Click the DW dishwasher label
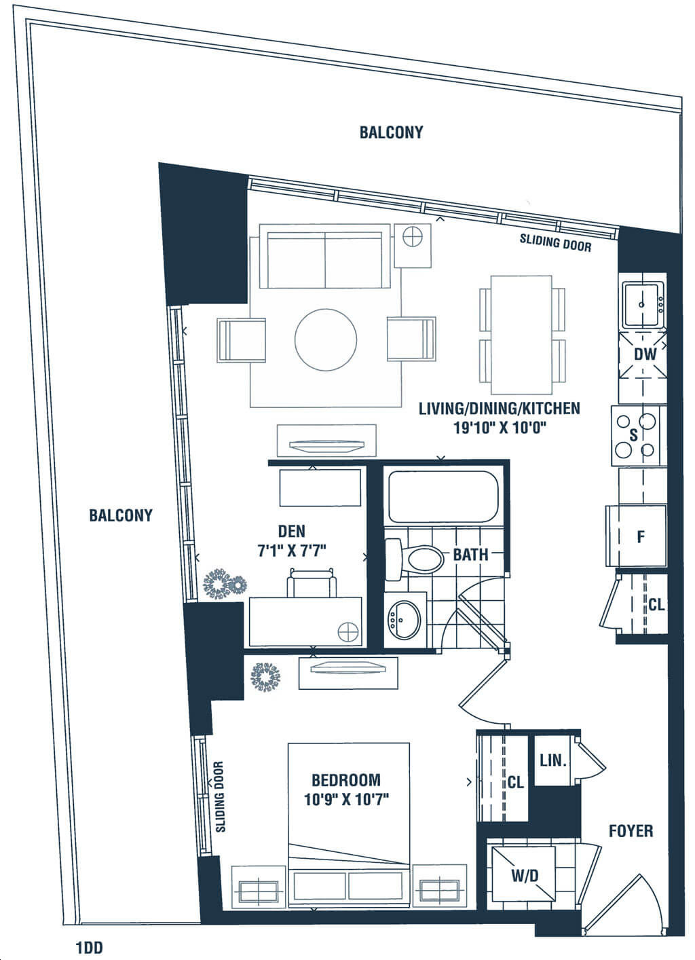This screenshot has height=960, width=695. [645, 354]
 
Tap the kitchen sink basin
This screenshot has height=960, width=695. [643, 304]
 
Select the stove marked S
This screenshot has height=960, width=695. [636, 435]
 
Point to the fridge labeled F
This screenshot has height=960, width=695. [636, 536]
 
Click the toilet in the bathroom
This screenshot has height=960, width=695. [414, 559]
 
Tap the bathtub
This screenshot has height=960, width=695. [443, 496]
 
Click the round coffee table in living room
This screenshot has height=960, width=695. [326, 340]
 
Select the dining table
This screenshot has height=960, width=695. [521, 335]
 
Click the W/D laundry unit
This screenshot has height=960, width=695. [523, 872]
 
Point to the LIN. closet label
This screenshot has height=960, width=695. [553, 760]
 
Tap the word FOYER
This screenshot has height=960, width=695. [631, 831]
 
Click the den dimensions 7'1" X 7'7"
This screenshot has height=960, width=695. [292, 551]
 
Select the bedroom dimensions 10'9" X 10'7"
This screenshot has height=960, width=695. [346, 799]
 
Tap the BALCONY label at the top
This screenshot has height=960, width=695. [391, 132]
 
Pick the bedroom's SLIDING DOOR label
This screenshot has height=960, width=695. [220, 796]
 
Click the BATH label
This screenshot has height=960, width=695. [470, 555]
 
